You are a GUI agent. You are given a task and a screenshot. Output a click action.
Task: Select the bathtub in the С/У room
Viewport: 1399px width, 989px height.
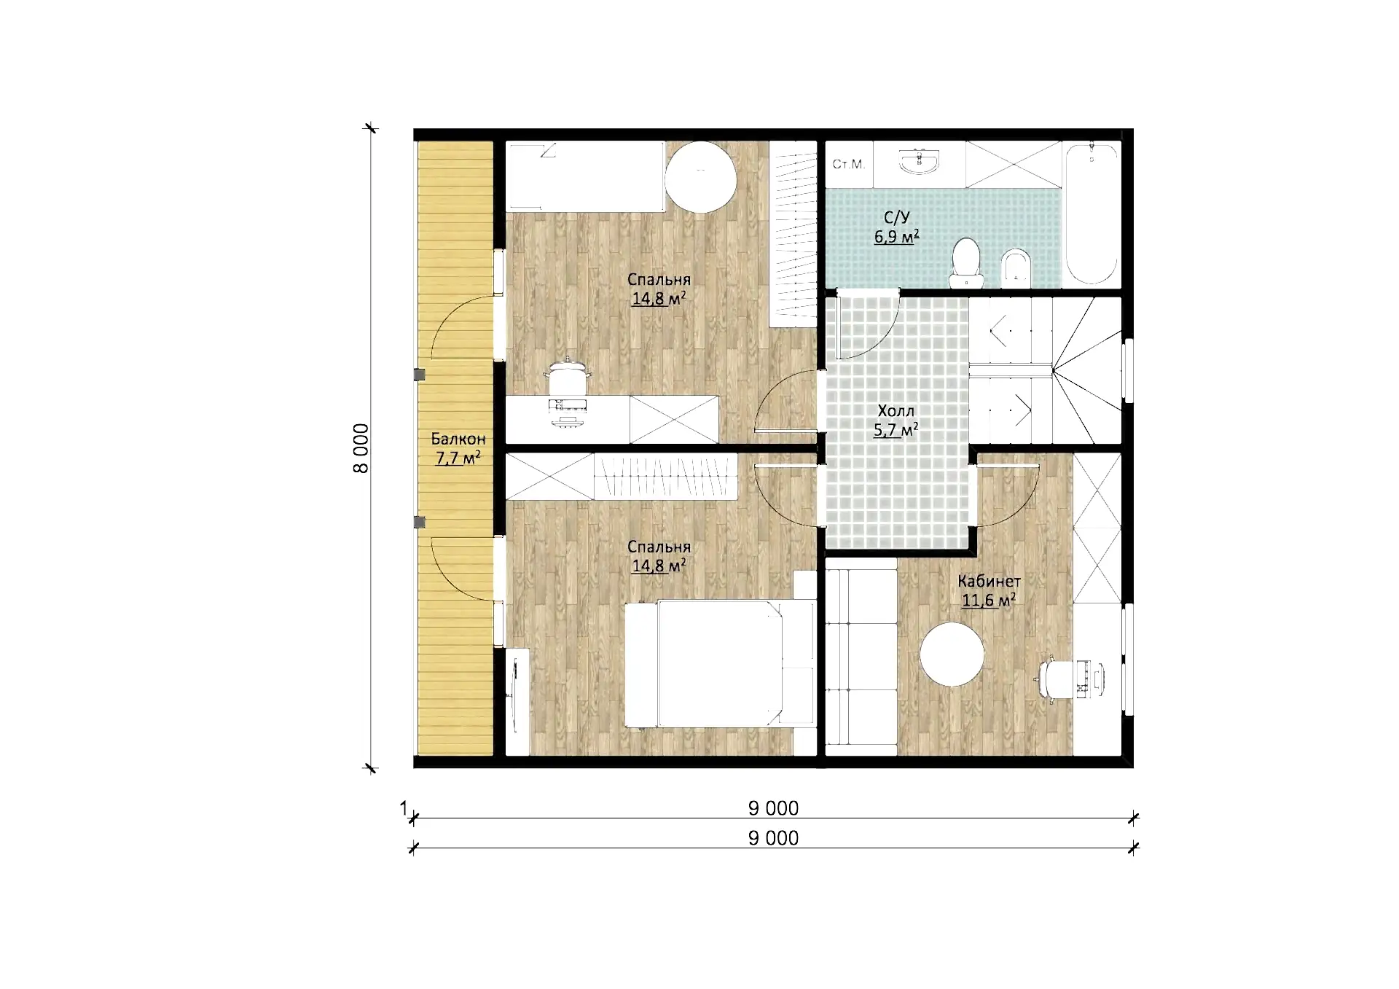pyautogui.click(x=1091, y=214)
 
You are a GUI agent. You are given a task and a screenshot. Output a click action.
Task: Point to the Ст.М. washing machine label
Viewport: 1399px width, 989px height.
pyautogui.click(x=848, y=165)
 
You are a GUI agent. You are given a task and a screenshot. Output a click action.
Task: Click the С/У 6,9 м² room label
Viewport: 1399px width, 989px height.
pyautogui.click(x=896, y=227)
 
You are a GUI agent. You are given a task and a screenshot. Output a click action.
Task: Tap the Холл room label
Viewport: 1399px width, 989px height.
pyautogui.click(x=896, y=411)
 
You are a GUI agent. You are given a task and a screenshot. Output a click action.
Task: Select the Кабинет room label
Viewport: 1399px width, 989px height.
pyautogui.click(x=989, y=582)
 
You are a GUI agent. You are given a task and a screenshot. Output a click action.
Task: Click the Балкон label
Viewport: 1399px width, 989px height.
pyautogui.click(x=458, y=439)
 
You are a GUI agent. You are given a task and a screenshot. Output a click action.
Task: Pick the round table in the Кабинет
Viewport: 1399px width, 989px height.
pyautogui.click(x=952, y=654)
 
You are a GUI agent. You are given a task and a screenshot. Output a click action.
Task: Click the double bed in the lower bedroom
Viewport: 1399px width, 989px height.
pyautogui.click(x=720, y=663)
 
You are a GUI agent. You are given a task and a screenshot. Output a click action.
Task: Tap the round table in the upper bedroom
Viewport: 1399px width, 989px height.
pyautogui.click(x=700, y=177)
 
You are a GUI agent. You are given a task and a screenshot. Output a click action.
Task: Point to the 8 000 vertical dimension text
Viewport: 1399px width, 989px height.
pyautogui.click(x=361, y=448)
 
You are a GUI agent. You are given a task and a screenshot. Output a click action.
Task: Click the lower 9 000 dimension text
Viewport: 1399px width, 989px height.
pyautogui.click(x=773, y=838)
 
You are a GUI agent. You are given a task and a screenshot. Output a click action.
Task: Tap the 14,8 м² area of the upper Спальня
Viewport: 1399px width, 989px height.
pyautogui.click(x=659, y=298)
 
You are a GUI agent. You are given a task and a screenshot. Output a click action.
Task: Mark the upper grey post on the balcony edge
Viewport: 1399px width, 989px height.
pyautogui.click(x=419, y=375)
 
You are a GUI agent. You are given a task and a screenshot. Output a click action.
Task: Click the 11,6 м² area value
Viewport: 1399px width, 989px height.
pyautogui.click(x=988, y=601)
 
